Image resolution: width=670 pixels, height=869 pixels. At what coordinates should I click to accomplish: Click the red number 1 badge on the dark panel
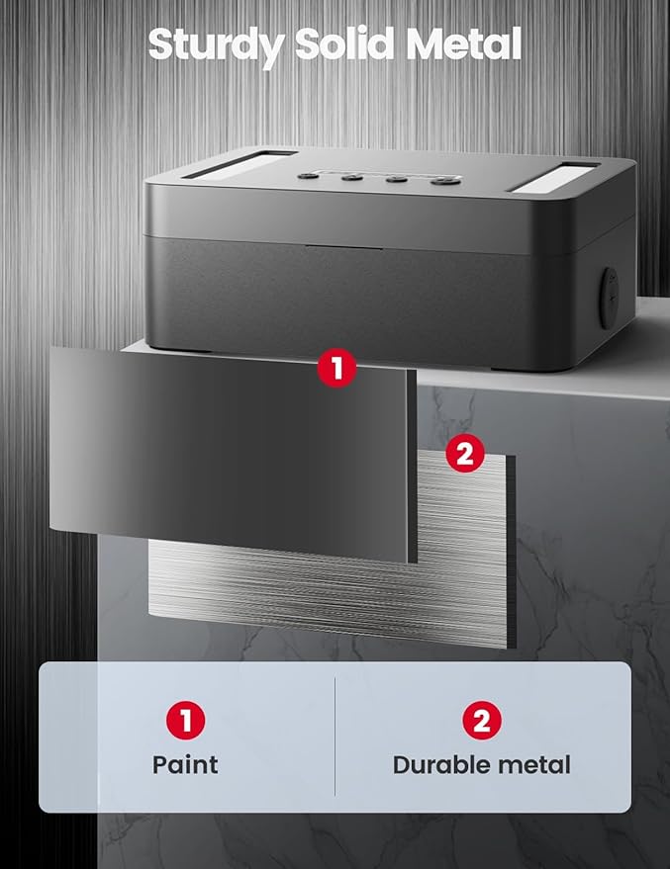click(337, 369)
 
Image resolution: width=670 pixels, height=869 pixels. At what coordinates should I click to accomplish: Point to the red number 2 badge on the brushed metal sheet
click(465, 454)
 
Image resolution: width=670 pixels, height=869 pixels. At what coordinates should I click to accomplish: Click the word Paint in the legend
click(185, 764)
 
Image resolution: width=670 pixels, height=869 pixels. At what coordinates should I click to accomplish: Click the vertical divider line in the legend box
click(335, 737)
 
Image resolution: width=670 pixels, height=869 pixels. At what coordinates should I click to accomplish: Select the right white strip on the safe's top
click(552, 177)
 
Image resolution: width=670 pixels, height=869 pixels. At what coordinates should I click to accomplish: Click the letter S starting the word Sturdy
click(161, 45)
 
